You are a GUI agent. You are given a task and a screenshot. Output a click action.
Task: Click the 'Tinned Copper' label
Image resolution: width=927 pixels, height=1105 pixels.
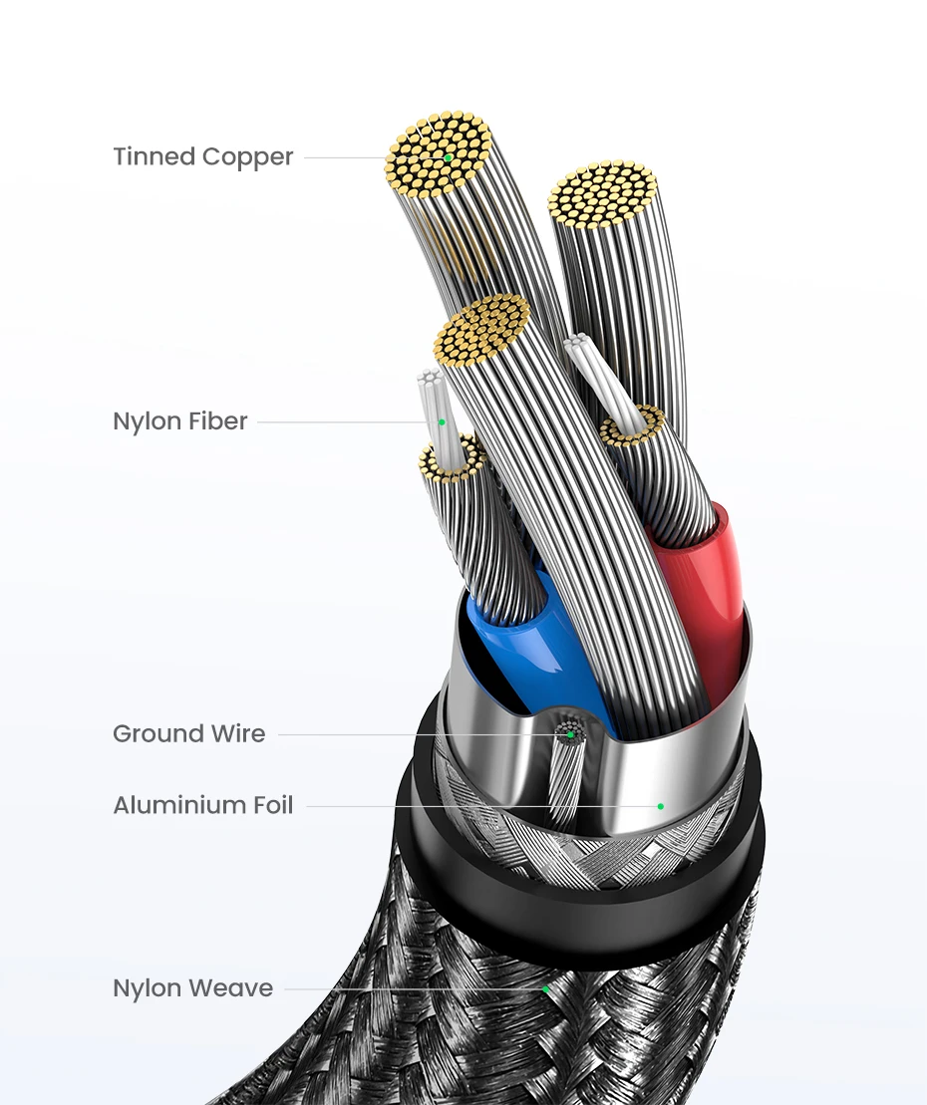pyautogui.click(x=202, y=157)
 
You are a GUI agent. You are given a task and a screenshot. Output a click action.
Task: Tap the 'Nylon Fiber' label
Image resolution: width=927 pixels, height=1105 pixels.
pyautogui.click(x=179, y=421)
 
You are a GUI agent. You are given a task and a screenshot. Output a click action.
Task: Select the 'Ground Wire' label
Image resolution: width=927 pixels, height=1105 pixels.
pyautogui.click(x=188, y=734)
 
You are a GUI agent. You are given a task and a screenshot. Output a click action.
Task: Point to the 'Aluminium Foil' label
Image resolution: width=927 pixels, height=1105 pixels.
pyautogui.click(x=202, y=805)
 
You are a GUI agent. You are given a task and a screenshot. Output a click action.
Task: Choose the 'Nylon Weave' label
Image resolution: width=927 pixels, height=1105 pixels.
pyautogui.click(x=192, y=989)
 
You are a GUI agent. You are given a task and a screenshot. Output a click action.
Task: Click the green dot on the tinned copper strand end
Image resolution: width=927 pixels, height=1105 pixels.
pyautogui.click(x=449, y=157)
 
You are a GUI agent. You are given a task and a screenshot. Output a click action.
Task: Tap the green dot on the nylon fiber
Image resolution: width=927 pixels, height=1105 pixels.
pyautogui.click(x=442, y=422)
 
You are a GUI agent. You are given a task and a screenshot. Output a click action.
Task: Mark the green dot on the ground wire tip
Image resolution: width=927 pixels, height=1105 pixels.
pyautogui.click(x=571, y=734)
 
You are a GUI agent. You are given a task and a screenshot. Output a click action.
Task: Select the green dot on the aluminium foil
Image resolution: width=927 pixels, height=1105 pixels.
pyautogui.click(x=660, y=805)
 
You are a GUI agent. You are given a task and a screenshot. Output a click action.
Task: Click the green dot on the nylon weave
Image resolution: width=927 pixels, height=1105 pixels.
pyautogui.click(x=546, y=989)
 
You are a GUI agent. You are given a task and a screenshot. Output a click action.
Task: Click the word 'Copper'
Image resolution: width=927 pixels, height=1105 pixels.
pyautogui.click(x=247, y=157)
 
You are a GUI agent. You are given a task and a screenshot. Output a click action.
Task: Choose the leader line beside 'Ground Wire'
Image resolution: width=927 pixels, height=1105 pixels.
pyautogui.click(x=419, y=735)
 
